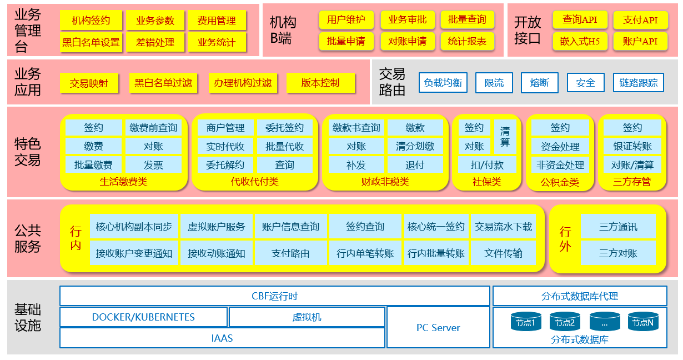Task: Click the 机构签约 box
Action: click(91, 21)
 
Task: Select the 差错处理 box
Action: click(155, 42)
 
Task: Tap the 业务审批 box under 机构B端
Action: click(408, 20)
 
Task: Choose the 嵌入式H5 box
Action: click(580, 41)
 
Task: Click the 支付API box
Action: click(640, 21)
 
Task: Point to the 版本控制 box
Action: click(320, 83)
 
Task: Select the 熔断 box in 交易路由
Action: click(539, 83)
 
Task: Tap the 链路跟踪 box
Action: click(638, 83)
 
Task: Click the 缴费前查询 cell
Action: click(153, 128)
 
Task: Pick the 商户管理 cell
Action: click(225, 128)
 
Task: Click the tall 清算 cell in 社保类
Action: click(505, 137)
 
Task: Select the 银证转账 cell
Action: click(632, 147)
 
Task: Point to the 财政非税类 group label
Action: click(385, 182)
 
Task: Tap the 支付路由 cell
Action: click(290, 253)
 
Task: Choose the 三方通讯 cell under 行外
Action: click(618, 227)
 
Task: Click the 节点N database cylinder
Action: click(644, 322)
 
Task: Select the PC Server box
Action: click(438, 328)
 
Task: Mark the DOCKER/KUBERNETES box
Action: click(143, 317)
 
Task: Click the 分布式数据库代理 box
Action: click(580, 296)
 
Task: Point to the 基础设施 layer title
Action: click(28, 317)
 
